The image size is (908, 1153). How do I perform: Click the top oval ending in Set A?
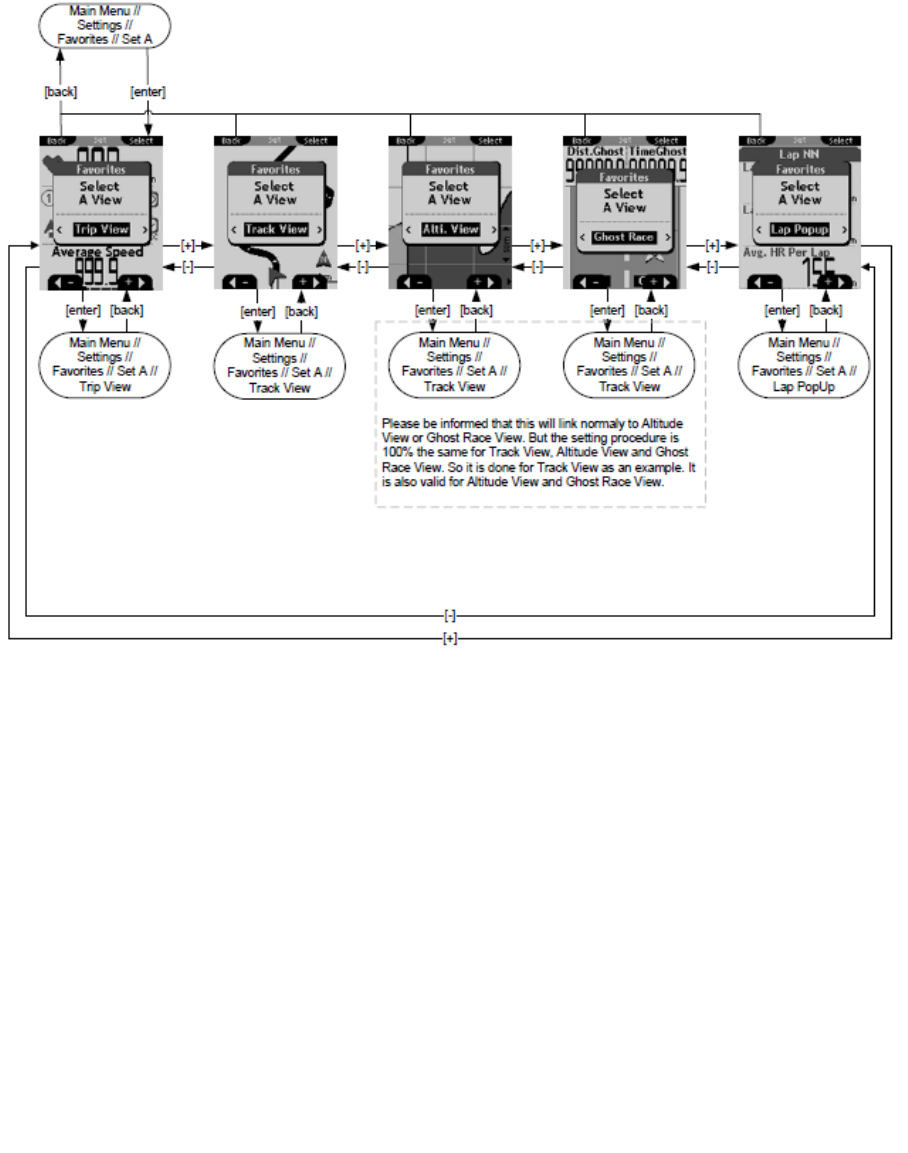click(x=105, y=25)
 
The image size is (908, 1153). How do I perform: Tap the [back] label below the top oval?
click(x=61, y=92)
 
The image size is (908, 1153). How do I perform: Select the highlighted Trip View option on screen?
click(x=101, y=229)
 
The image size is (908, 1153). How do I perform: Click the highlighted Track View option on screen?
click(x=276, y=229)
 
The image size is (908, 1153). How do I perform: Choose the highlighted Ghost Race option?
click(x=624, y=237)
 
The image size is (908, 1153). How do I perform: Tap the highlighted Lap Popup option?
click(x=799, y=230)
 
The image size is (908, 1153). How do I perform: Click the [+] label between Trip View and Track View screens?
click(x=188, y=244)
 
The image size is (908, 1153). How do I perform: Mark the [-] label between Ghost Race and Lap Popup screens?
click(x=713, y=266)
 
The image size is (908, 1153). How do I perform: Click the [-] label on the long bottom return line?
click(x=450, y=616)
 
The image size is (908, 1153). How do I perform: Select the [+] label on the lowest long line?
click(x=450, y=637)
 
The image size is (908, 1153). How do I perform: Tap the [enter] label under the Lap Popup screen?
click(x=781, y=310)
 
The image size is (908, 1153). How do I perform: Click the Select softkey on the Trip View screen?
click(x=141, y=141)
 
